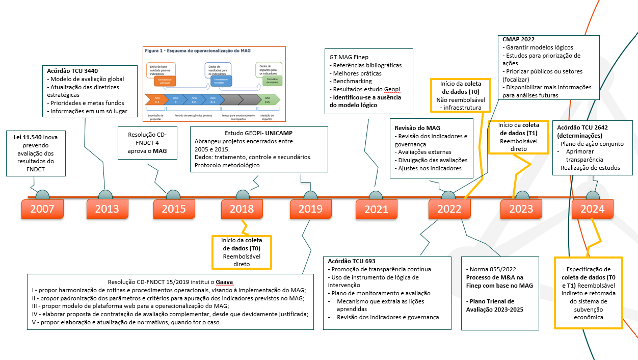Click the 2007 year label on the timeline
42,209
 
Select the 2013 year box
107,209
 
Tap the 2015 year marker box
174,209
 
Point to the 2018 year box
242,209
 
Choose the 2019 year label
310,209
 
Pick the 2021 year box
376,209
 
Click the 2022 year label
449,209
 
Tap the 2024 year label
592,209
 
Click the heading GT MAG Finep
350,57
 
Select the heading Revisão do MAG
418,127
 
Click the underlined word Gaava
225,281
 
